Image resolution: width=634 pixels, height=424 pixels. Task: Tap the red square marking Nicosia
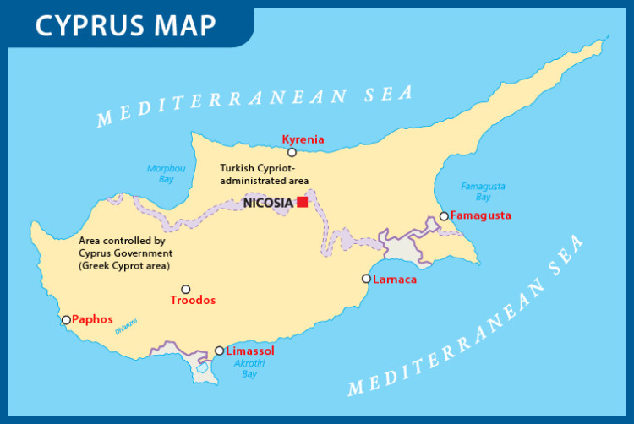302,202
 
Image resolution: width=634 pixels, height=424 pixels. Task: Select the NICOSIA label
268,203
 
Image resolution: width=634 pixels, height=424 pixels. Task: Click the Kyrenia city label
303,139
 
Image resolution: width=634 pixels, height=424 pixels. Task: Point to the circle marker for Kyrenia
292,153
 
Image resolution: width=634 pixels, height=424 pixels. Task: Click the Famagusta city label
481,215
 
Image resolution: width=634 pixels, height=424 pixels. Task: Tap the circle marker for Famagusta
444,217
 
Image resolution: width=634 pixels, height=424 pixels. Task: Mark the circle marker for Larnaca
366,279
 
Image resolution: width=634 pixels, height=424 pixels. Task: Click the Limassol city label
250,351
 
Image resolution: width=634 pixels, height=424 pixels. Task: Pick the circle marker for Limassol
220,351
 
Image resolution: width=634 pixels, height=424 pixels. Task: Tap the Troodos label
193,301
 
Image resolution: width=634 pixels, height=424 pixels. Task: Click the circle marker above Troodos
186,289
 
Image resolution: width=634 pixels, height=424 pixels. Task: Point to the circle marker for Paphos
66,320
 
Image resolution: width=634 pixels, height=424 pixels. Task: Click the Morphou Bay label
166,173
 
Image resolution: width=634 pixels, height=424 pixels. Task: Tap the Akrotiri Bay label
249,368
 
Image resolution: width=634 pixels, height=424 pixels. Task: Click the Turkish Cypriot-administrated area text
264,174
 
